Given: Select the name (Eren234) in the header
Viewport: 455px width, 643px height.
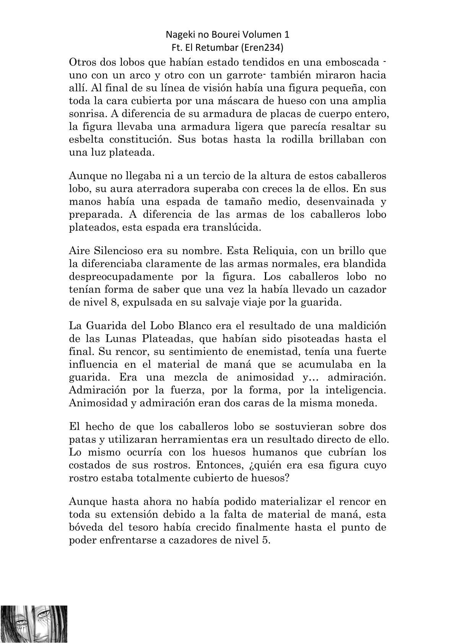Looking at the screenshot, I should click(269, 48).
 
